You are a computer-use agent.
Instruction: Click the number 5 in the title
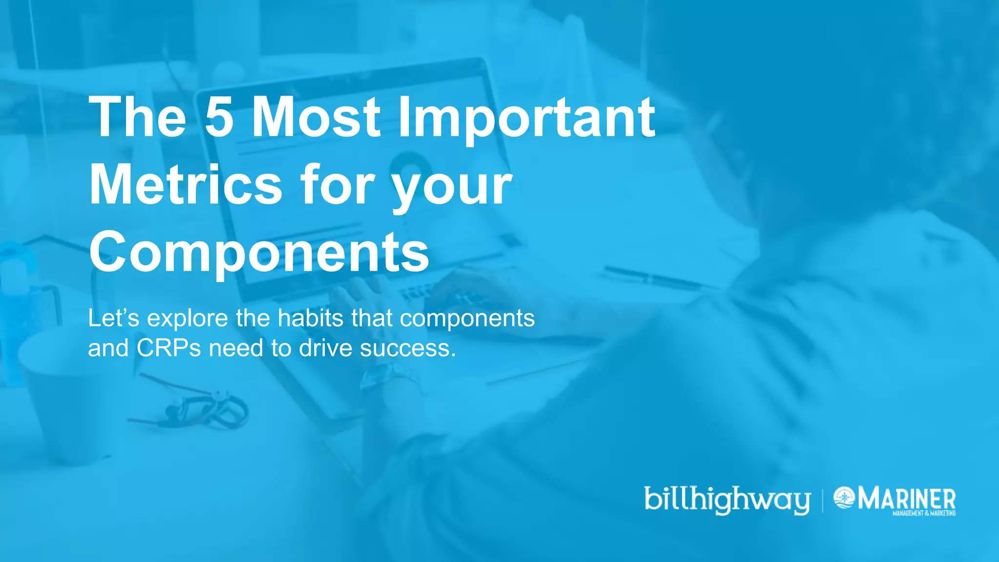point(219,117)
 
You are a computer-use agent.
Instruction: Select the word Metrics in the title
point(186,185)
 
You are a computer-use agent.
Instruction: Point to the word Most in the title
point(316,117)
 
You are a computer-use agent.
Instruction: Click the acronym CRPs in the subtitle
point(169,348)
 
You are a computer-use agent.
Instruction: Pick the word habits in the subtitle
point(311,318)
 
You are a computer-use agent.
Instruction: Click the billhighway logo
point(727,500)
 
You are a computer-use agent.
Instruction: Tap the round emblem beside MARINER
point(844,498)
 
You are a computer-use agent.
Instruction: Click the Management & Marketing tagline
point(924,513)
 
